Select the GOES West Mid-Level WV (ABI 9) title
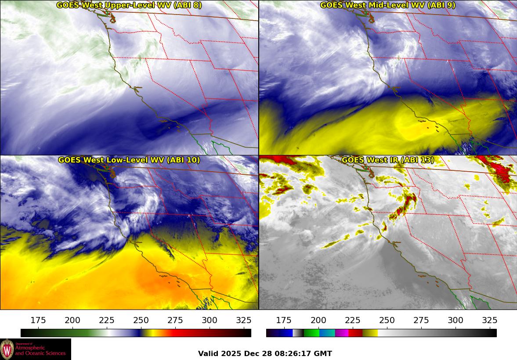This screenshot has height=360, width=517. tap(387, 5)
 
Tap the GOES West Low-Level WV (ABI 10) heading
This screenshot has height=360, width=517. tap(129, 160)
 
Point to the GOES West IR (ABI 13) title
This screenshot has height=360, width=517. tap(387, 160)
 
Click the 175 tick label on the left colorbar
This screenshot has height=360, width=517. tap(38, 320)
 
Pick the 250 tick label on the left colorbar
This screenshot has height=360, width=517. tap(141, 320)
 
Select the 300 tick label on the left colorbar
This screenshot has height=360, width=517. tap(210, 320)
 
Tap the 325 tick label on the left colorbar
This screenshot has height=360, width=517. tap(244, 320)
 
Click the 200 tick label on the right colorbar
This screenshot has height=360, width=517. tap(318, 320)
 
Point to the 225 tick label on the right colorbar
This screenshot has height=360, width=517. tap(352, 320)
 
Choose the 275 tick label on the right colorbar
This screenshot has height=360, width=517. tap(421, 320)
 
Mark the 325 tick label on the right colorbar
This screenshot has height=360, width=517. tap(489, 320)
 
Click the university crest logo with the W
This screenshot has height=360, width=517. tap(7, 349)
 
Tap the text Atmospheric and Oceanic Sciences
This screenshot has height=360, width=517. tap(40, 350)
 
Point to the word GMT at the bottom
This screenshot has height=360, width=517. tap(324, 354)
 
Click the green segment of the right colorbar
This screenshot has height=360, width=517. tap(311, 333)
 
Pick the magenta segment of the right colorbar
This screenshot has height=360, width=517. tap(342, 333)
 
